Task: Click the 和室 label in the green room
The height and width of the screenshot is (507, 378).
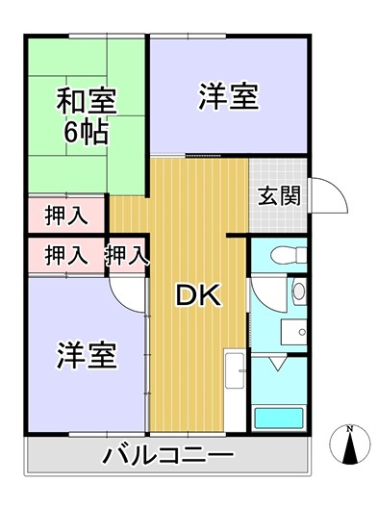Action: click(87, 100)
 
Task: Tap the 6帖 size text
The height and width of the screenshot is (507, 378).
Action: click(86, 133)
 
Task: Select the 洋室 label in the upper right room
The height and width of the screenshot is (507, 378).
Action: click(229, 96)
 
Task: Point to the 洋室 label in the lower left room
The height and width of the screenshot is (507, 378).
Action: click(87, 355)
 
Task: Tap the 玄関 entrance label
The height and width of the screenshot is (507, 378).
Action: click(279, 195)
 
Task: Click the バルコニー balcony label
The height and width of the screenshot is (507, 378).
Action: click(168, 455)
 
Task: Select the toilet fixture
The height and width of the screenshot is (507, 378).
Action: click(289, 255)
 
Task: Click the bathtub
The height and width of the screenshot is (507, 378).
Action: click(279, 418)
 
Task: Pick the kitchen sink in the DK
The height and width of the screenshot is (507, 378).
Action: click(235, 370)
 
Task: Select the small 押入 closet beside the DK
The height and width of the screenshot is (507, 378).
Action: click(127, 255)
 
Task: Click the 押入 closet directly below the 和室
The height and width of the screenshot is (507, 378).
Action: click(66, 215)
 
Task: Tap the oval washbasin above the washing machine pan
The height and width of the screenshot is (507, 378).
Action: click(299, 291)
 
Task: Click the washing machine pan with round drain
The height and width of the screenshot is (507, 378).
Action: click(293, 332)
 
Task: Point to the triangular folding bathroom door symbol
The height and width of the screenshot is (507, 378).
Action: click(278, 364)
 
